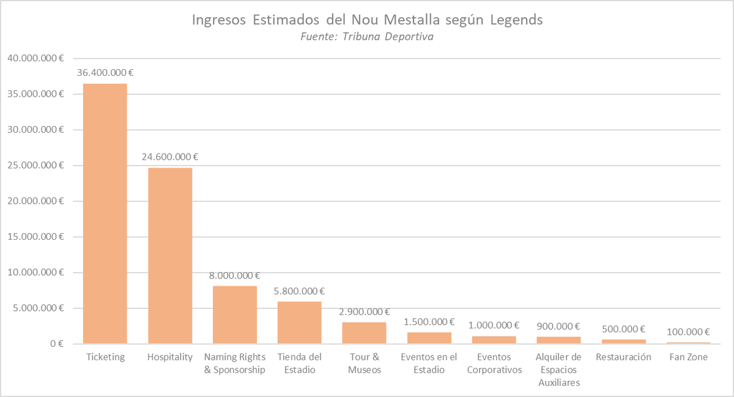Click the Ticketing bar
[105, 213]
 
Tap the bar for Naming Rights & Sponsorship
[235, 315]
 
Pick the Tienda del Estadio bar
[300, 323]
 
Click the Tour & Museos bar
[364, 333]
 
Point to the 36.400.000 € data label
[105, 72]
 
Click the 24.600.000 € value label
[170, 157]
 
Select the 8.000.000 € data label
[235, 275]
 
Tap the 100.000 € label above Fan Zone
[688, 332]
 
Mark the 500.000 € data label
[624, 329]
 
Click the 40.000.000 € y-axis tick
[35, 58]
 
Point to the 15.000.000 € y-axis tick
[35, 237]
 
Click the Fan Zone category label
[688, 357]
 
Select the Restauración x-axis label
[623, 357]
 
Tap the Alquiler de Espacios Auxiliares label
[558, 370]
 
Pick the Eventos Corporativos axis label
[494, 363]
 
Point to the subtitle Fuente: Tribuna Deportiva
[367, 37]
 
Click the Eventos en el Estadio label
[429, 363]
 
